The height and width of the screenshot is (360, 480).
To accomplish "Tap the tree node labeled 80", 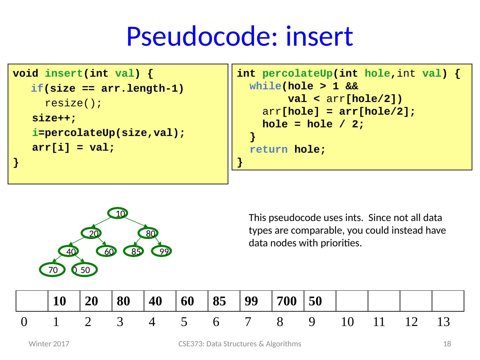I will pos(149,233).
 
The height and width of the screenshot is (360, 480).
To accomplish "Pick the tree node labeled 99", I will pos(162,252).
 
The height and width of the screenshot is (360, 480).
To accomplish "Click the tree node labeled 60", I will pos(107,252).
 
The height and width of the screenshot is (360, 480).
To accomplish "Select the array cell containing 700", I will pos(288,301).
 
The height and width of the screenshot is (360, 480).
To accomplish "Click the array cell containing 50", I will pos(320,301).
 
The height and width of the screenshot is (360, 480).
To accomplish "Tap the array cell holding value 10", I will pos(64,301).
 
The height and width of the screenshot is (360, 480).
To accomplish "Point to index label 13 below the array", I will pos(443,322).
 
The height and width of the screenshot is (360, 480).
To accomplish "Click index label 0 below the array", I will pos(24,322).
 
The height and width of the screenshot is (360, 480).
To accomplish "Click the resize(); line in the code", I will pos(73,103).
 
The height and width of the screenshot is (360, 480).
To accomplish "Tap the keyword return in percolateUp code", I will pos(268,150).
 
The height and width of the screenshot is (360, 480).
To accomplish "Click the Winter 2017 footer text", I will pos(49,344).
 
